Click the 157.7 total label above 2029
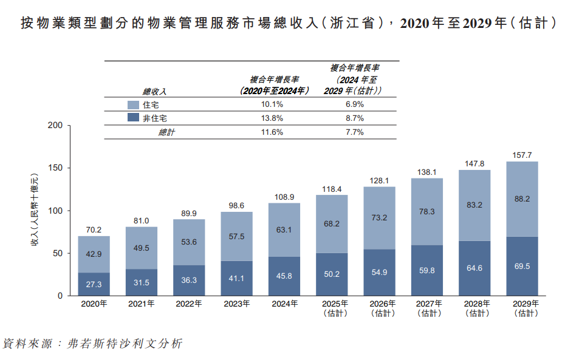[x=522, y=155]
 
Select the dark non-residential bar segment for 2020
[x=94, y=284]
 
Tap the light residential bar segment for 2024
[x=284, y=229]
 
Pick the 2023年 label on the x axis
[x=236, y=304]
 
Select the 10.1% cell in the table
[x=267, y=104]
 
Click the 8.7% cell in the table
[x=354, y=118]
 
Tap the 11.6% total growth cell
[x=267, y=132]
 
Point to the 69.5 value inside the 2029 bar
[x=522, y=267]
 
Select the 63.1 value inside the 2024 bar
[x=284, y=229]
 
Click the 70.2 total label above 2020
[x=94, y=230]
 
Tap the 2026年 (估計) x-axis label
[x=379, y=308]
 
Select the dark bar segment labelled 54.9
[x=379, y=273]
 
